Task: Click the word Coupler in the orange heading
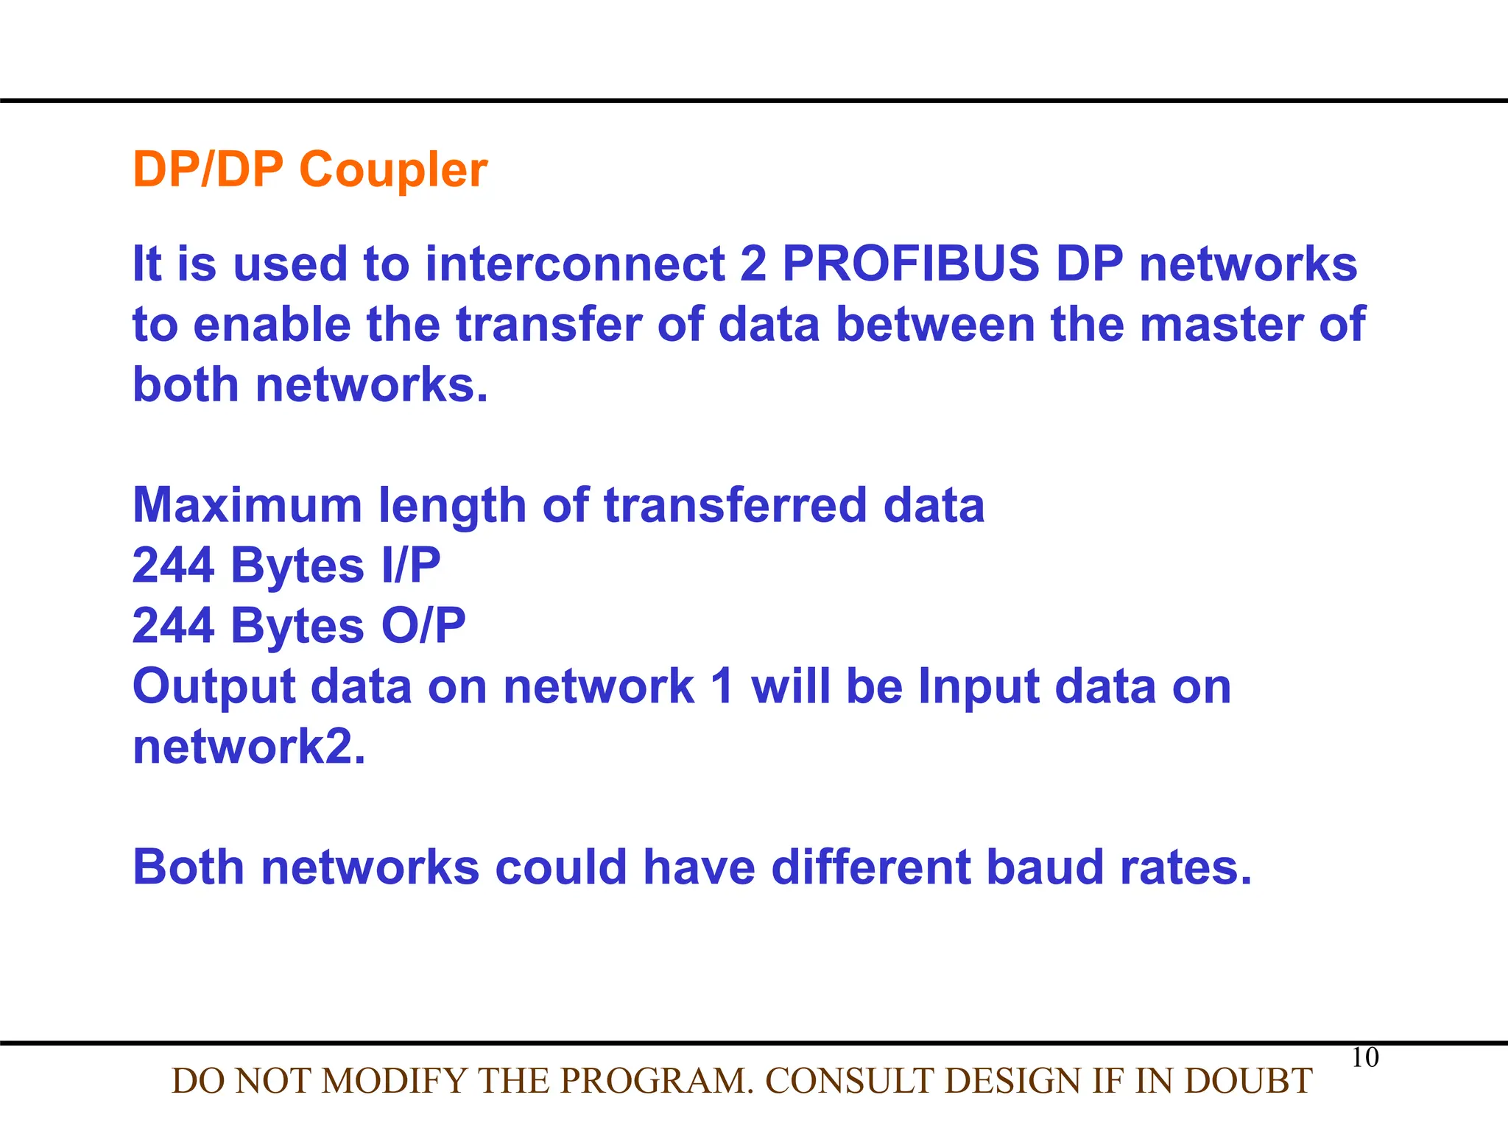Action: coord(393,171)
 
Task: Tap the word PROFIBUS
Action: coord(910,264)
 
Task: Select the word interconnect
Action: coord(575,264)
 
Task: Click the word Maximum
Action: coord(247,505)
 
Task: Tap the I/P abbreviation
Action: coord(411,565)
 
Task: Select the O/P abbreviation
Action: coord(423,626)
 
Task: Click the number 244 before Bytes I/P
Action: coord(174,565)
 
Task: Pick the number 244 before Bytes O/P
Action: coord(174,626)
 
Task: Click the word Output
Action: coord(214,688)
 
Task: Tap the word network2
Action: coord(249,747)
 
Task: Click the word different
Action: coord(871,867)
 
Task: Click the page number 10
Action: coord(1365,1057)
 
